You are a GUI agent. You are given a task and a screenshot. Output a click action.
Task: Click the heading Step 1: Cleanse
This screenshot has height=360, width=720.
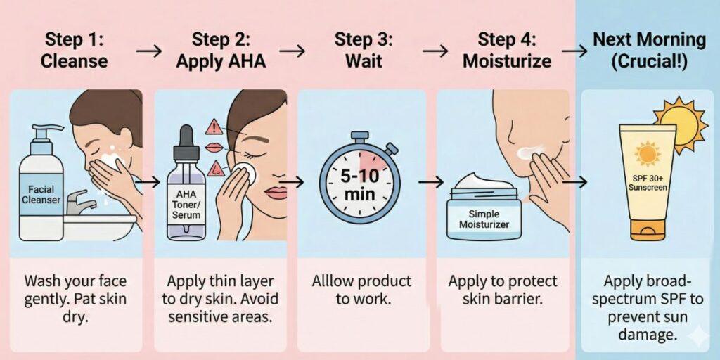click(x=74, y=50)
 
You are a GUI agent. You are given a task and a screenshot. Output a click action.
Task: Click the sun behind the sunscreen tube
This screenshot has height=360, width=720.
click(x=679, y=124)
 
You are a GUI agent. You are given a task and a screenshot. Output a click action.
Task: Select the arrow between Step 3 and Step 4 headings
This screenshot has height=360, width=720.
click(x=435, y=50)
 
